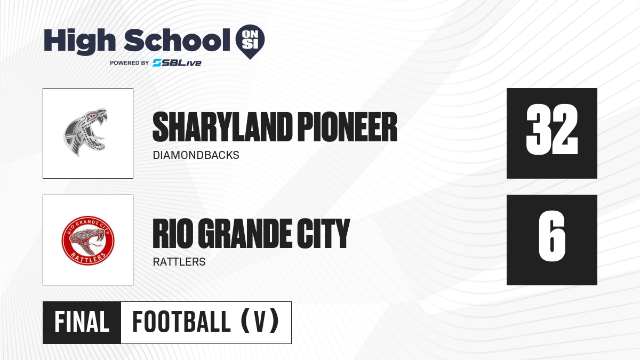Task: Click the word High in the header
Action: pos(79,42)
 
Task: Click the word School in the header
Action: pos(177,40)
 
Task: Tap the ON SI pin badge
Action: pos(250,42)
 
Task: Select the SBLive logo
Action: pos(177,63)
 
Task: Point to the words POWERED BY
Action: pos(130,63)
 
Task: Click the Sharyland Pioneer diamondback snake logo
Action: pos(85,133)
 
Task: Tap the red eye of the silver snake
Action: pos(92,116)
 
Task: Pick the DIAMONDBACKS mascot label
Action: pos(196,155)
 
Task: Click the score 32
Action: pos(551,129)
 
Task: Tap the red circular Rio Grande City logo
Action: pos(88,241)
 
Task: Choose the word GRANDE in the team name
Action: pos(245,234)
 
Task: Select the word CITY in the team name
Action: pos(323,234)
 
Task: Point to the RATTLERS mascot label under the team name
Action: pos(179,262)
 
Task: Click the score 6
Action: pos(551,236)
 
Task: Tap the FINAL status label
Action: pos(82,322)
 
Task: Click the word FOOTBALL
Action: pos(181,322)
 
